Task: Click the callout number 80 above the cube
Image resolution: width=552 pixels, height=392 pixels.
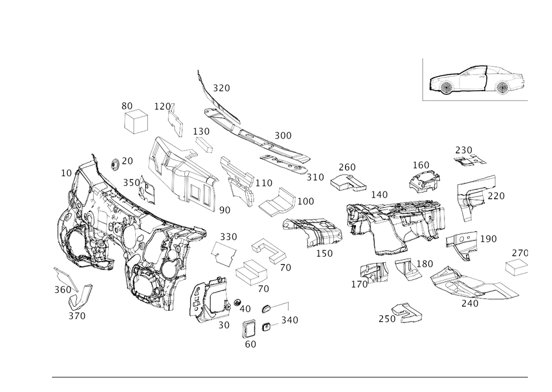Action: click(127, 104)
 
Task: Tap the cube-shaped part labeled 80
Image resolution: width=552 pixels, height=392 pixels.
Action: click(136, 121)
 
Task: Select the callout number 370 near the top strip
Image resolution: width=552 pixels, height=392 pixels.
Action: click(221, 87)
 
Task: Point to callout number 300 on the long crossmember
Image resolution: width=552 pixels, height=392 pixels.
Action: click(284, 135)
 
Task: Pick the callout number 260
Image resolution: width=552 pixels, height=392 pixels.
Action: click(347, 167)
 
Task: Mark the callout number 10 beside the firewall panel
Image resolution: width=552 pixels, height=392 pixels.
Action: click(66, 173)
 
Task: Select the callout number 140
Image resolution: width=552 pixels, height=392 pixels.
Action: click(379, 194)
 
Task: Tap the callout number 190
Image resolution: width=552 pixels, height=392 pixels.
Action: click(489, 239)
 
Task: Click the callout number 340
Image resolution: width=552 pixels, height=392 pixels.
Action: click(289, 320)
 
